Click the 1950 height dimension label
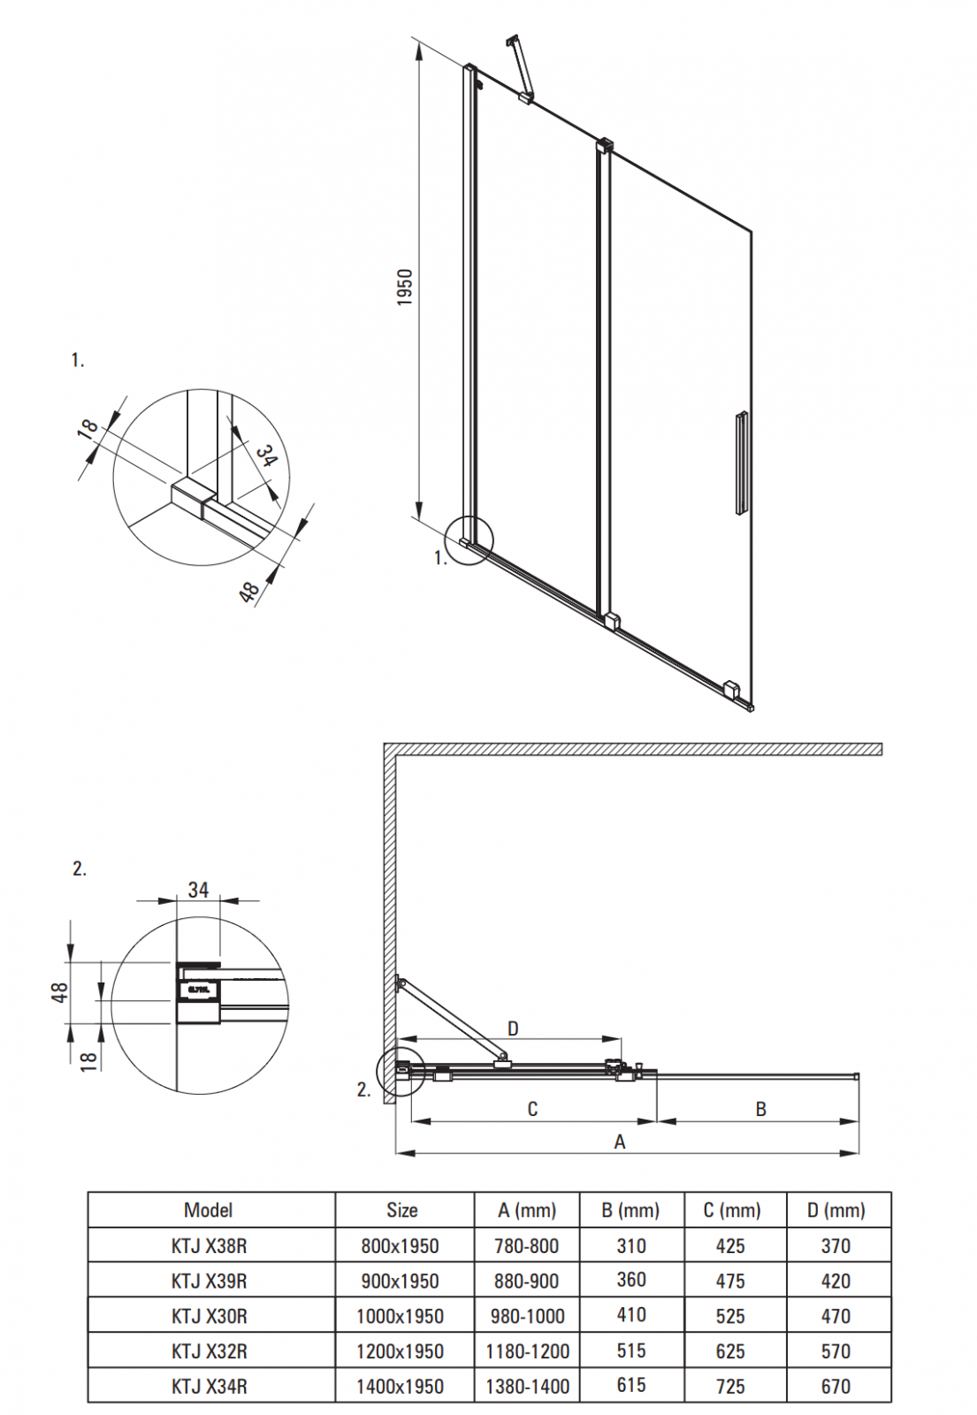(405, 287)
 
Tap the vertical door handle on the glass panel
(741, 462)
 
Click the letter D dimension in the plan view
(513, 1029)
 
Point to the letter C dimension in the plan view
(532, 1109)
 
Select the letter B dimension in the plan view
(760, 1109)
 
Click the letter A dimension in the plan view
(620, 1142)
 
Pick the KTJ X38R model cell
(210, 1246)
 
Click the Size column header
(401, 1210)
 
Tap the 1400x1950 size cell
(400, 1387)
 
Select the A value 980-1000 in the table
(527, 1316)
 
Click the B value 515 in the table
(631, 1350)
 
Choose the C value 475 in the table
(730, 1281)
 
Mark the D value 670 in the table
(836, 1387)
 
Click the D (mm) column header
(836, 1210)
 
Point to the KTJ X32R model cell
(210, 1351)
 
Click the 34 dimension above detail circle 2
(198, 890)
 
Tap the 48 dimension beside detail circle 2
(59, 991)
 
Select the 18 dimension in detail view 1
(88, 429)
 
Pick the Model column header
(209, 1210)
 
